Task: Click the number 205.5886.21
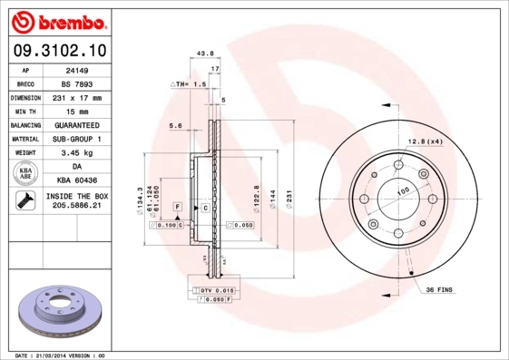click(x=75, y=208)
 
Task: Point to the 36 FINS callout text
click(x=438, y=289)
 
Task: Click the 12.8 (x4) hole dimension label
click(x=424, y=141)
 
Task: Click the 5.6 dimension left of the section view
click(x=176, y=124)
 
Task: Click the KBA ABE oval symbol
click(x=25, y=173)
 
